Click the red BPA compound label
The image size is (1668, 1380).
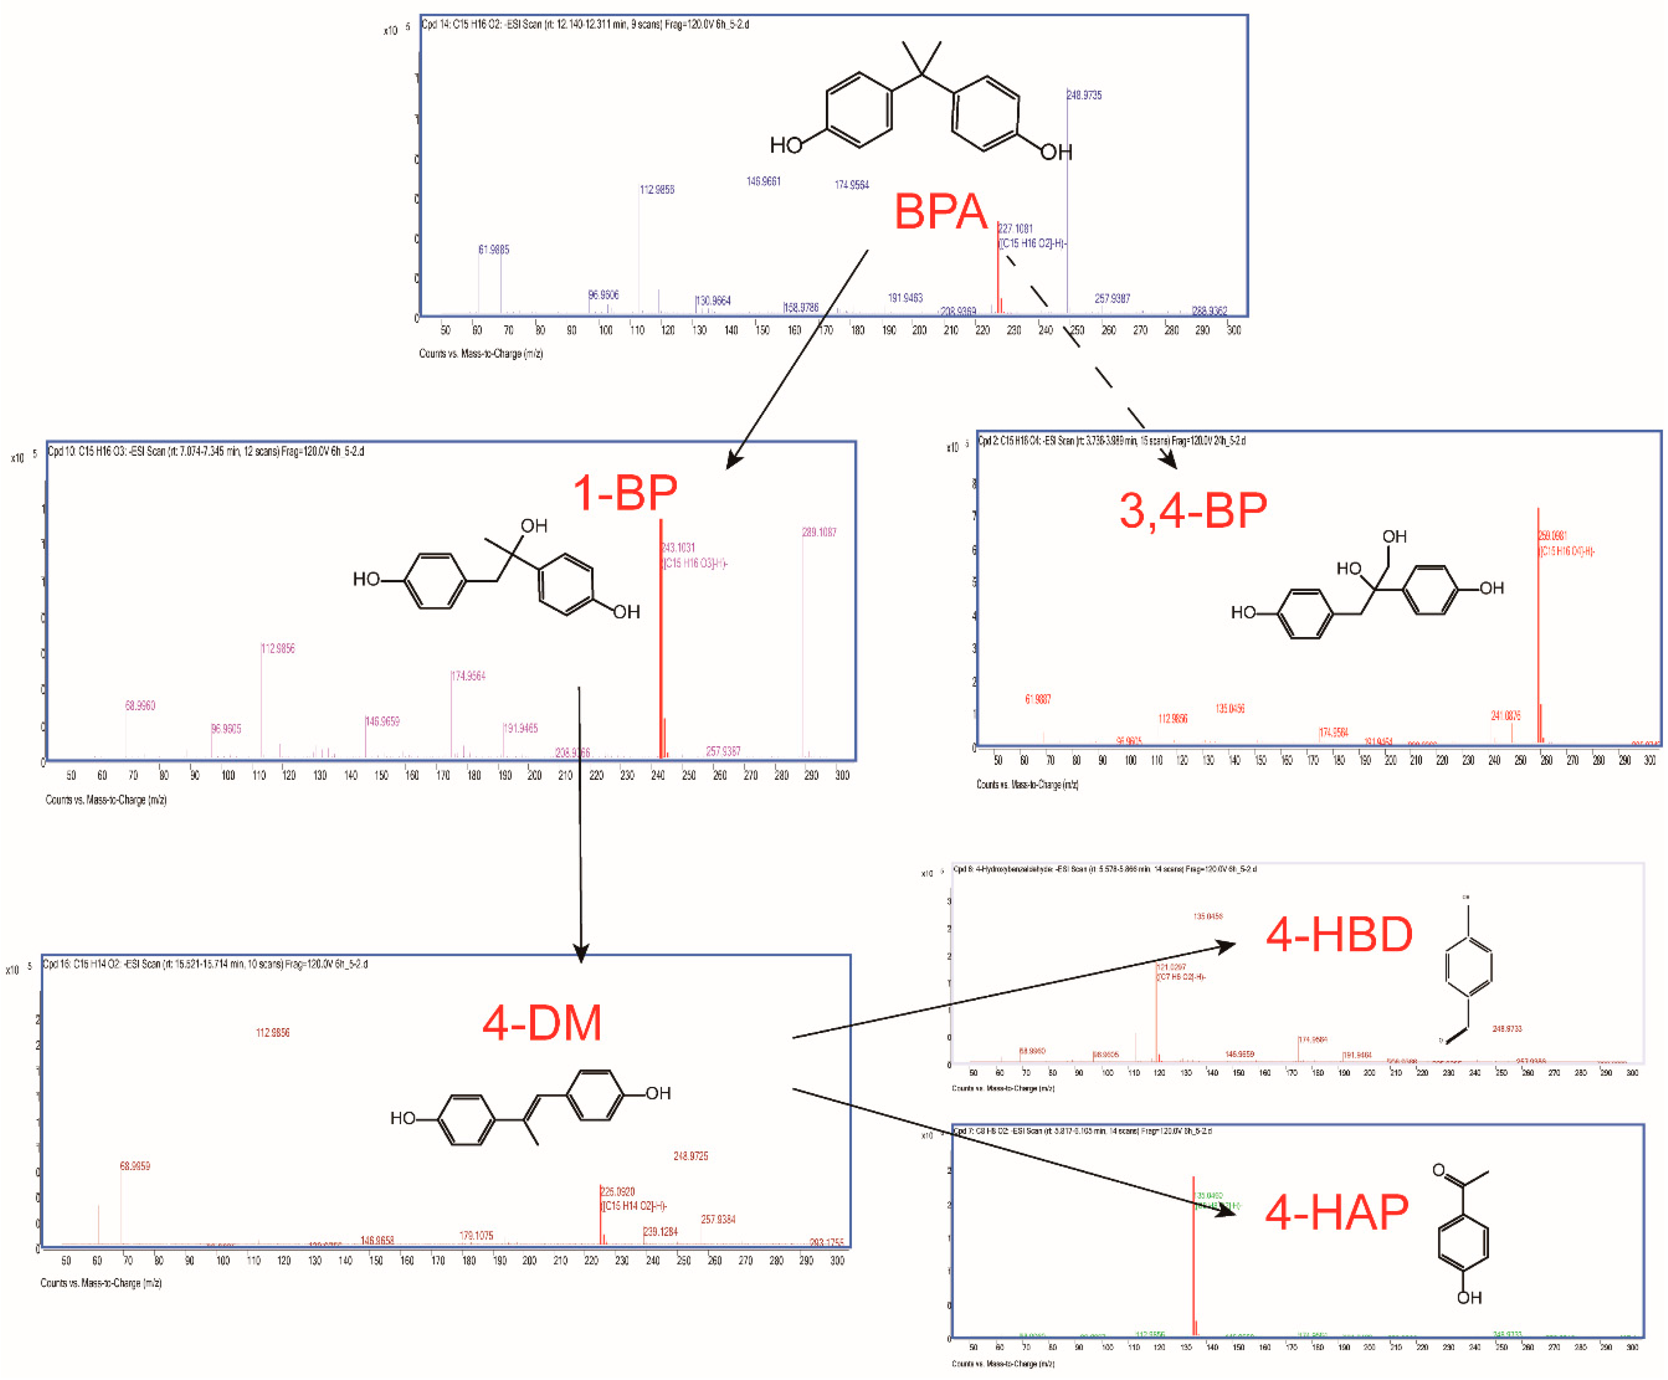click(x=941, y=212)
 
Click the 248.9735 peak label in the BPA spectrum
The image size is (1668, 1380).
click(x=1084, y=95)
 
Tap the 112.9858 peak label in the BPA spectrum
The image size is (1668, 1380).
click(x=657, y=190)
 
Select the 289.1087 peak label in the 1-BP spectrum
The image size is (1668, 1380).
click(x=819, y=532)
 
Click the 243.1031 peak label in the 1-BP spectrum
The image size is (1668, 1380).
click(x=678, y=548)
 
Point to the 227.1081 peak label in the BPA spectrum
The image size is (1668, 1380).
click(x=1016, y=229)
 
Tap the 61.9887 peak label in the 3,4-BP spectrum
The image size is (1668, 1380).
click(x=1037, y=699)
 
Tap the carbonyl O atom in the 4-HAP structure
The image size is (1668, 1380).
click(x=1438, y=1171)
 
